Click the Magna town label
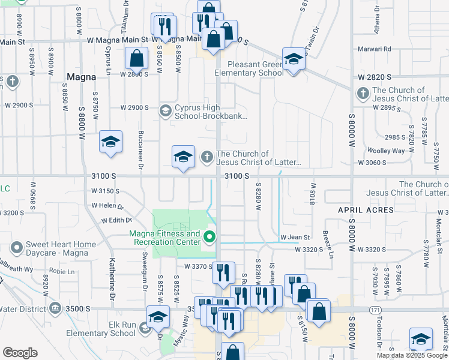pyautogui.click(x=81, y=77)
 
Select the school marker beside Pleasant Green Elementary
pyautogui.click(x=293, y=60)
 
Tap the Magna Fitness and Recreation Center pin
pyautogui.click(x=209, y=237)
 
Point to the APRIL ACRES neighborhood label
pyautogui.click(x=366, y=210)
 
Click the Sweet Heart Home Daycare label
pyautogui.click(x=60, y=248)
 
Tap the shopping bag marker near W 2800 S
pyautogui.click(x=137, y=59)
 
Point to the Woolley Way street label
pyautogui.click(x=388, y=151)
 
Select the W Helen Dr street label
pyautogui.click(x=107, y=206)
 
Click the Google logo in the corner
pyautogui.click(x=20, y=353)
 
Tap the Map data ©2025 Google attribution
pyautogui.click(x=411, y=355)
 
